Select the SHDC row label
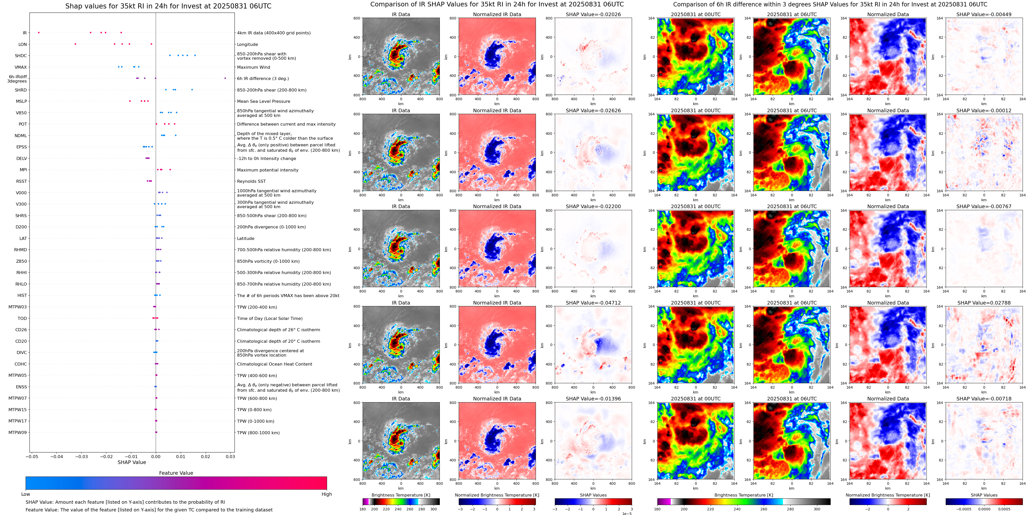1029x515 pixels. point(21,56)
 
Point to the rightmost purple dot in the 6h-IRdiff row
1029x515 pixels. point(225,78)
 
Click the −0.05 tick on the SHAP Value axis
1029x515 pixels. point(32,457)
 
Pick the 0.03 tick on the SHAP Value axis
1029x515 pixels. point(230,457)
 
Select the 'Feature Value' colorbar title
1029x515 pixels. point(176,473)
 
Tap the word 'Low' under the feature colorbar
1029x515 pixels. point(26,494)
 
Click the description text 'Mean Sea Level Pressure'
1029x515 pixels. point(264,102)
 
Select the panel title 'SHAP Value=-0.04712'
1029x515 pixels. point(593,303)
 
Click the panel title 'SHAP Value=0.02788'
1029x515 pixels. point(984,303)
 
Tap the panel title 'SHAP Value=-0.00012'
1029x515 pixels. point(984,111)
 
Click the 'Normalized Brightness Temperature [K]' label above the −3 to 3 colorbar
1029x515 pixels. point(497,495)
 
